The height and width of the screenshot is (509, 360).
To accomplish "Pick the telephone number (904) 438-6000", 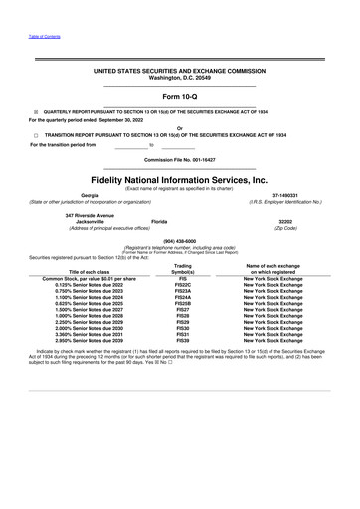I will coord(179,240).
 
